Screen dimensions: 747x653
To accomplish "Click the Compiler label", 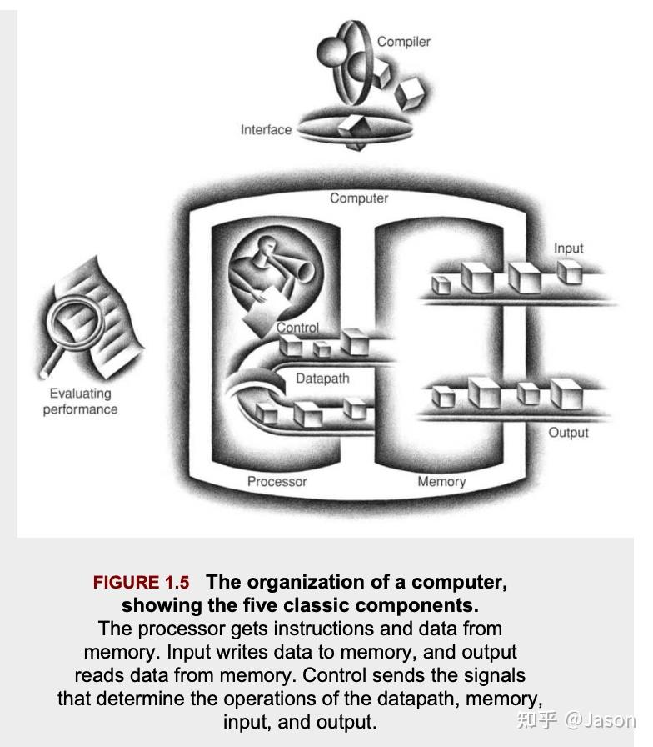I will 404,41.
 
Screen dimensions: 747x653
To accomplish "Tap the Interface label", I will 266,129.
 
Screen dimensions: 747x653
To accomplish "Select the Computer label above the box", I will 359,198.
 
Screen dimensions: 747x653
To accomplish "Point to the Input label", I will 568,248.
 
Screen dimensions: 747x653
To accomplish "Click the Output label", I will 568,433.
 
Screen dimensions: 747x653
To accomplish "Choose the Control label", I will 297,328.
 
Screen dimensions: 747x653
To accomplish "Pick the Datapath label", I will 322,378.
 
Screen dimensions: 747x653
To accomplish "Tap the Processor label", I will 277,481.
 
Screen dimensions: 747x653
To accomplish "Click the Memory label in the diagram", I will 441,481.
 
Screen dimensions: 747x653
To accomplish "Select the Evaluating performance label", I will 80,401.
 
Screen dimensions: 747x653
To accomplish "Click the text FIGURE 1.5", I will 141,583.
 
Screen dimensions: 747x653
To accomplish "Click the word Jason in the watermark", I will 615,719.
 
